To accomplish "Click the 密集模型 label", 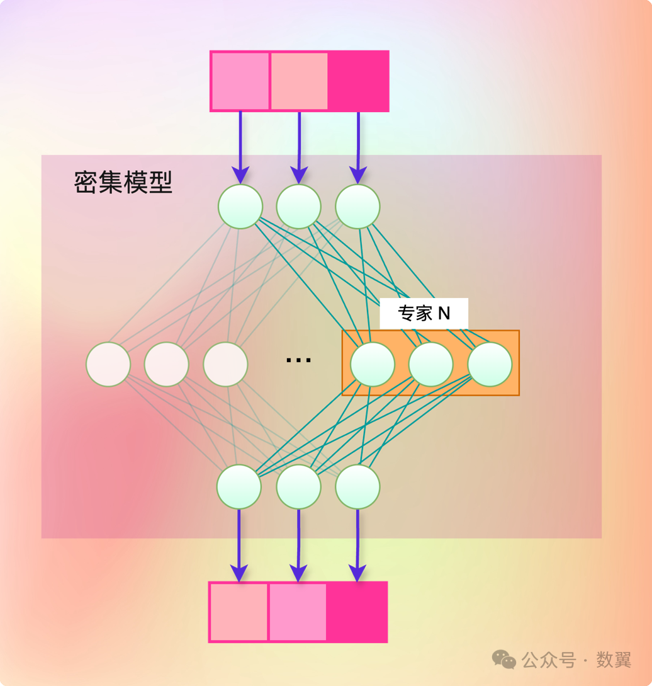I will [x=123, y=183].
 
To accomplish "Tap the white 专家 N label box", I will [x=424, y=313].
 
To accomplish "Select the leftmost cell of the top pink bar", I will [x=240, y=81].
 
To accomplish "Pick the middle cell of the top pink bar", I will [x=299, y=81].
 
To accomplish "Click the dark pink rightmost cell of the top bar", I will [x=357, y=81].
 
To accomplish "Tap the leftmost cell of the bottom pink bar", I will [x=239, y=612].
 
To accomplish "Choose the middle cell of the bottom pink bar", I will [x=298, y=612].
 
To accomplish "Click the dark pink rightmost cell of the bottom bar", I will [x=356, y=612].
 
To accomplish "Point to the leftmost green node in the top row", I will [x=240, y=206].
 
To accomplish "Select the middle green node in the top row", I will [x=299, y=206].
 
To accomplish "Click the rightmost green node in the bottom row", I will [x=357, y=487].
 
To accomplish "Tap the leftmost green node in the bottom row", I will [x=239, y=487].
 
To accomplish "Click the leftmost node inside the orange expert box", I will [x=373, y=364].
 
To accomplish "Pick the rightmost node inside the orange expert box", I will [x=490, y=364].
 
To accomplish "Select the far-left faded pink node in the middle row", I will [x=108, y=364].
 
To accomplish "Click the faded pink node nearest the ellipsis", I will [x=225, y=364].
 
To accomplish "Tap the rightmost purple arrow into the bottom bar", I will [x=357, y=545].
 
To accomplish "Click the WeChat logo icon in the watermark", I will [x=504, y=660].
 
